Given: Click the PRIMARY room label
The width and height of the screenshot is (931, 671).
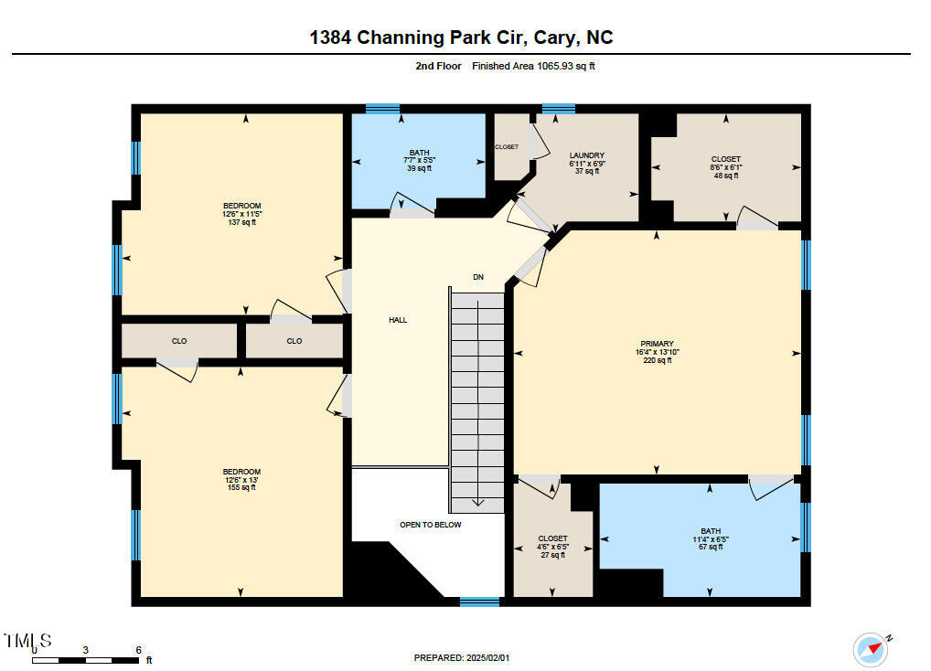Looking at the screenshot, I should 657,344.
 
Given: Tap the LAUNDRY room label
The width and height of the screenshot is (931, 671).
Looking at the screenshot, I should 586,155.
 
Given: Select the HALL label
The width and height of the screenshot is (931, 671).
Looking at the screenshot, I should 398,320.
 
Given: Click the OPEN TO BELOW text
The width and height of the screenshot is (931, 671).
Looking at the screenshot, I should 430,525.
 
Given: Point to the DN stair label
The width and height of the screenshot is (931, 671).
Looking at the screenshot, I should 477,277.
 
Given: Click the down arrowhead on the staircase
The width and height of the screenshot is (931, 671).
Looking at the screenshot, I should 476,501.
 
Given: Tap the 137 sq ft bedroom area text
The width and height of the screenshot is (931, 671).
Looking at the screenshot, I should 241,222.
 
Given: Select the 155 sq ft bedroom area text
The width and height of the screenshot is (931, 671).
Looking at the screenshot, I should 241,487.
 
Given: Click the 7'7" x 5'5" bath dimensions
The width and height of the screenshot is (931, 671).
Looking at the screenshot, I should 419,161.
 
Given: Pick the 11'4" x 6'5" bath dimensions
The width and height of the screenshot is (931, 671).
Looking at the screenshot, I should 711,539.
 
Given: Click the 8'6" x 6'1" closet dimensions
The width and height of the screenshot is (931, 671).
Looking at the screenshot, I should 725,167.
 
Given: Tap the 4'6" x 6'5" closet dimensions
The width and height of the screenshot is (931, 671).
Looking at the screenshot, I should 552,547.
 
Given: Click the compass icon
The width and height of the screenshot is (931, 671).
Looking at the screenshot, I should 870,649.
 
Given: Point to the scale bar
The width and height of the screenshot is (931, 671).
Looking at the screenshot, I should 86,658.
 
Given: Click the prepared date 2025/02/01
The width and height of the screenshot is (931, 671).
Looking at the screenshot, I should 487,657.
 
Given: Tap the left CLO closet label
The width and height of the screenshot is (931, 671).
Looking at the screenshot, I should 179,341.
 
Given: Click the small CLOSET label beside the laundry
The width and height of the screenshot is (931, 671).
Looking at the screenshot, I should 507,146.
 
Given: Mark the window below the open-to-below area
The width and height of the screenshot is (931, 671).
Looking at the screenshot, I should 479,602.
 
